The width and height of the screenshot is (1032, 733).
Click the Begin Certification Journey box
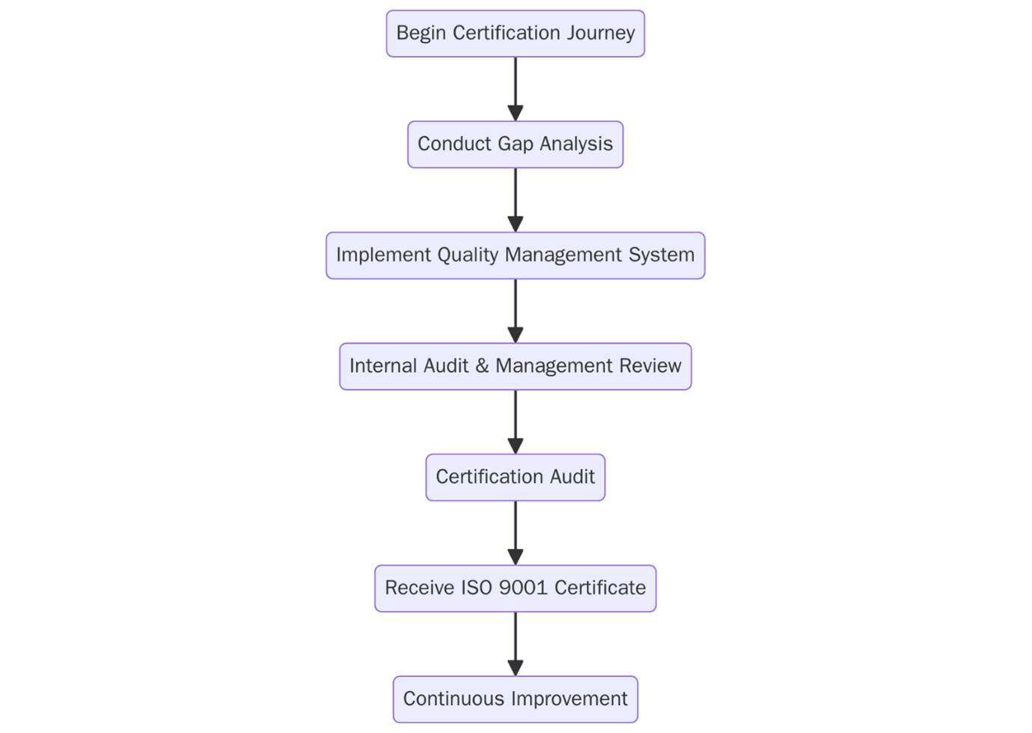515,34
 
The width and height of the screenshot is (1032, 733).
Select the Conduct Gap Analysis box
515,145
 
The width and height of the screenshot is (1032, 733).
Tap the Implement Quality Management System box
515,255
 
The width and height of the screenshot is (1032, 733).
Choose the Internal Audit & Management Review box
515,366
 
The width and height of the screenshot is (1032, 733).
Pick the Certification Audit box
515,477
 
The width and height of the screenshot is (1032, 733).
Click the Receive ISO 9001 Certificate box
515,588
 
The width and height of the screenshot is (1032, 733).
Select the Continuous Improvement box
515,699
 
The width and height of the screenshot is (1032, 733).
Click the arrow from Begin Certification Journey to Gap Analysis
515,88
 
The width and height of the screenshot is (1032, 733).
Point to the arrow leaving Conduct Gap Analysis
515,199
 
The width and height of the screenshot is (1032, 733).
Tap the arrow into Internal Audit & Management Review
515,310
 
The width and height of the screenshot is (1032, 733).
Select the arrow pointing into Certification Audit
515,421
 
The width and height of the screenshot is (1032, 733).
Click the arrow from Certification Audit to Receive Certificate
515,532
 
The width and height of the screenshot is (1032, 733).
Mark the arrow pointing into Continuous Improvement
515,642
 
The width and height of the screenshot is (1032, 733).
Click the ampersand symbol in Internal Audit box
482,366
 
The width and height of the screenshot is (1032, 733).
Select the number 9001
523,588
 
